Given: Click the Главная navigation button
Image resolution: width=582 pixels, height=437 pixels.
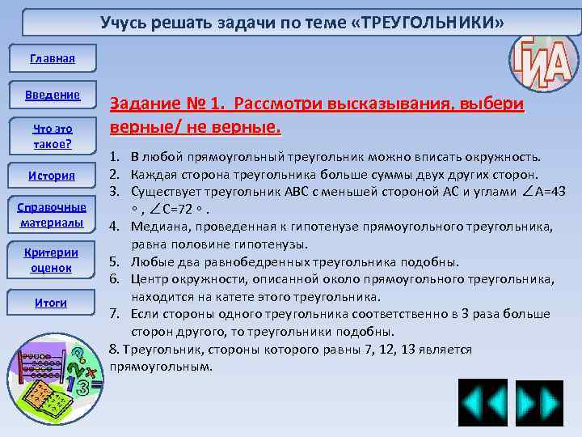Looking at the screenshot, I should tap(52, 58).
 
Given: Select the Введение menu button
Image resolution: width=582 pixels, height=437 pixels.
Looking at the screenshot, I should tap(52, 95).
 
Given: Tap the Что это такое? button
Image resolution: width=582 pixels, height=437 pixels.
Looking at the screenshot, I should tap(52, 136).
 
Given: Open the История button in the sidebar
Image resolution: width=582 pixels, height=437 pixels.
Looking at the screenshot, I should tap(52, 176).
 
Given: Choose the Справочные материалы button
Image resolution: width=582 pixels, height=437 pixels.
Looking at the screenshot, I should tap(52, 214).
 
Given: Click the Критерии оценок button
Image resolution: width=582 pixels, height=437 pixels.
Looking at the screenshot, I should tap(52, 259).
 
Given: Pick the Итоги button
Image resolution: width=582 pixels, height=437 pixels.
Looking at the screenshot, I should tap(52, 303).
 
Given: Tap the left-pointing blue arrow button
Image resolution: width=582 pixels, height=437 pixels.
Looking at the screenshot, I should tap(483, 402).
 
